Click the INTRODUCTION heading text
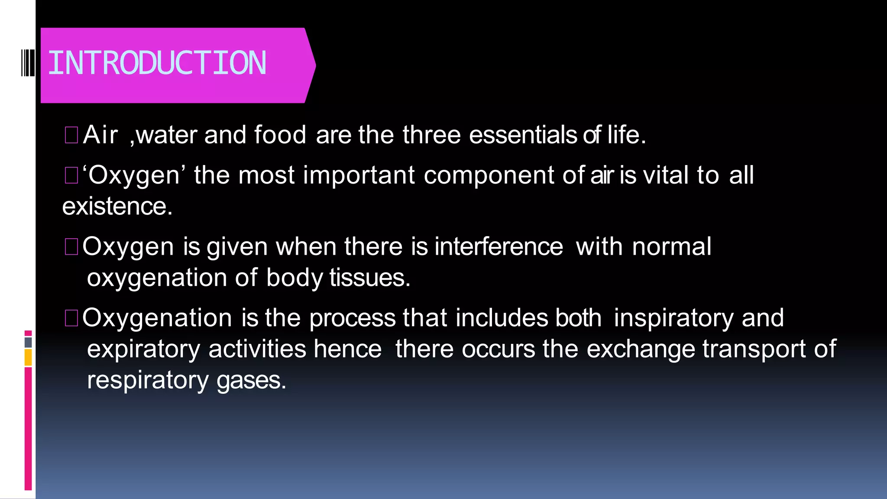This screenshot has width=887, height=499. coord(157,63)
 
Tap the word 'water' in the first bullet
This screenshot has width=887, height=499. coord(167,135)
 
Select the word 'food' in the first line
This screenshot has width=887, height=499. coord(280,135)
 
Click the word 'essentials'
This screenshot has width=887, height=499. coord(523,135)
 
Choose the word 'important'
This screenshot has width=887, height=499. coord(359,175)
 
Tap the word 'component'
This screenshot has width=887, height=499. coord(489,176)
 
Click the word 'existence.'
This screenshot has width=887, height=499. coord(117,206)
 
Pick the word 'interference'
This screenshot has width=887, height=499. coord(499,246)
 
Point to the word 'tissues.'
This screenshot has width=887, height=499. coord(370,278)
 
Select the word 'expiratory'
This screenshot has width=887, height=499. coord(144,350)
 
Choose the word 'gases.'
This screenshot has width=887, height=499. coord(251,381)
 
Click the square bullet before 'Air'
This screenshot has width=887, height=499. coord(71,135)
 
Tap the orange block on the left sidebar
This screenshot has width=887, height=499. coord(28,358)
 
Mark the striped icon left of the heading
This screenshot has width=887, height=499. coord(28,63)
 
